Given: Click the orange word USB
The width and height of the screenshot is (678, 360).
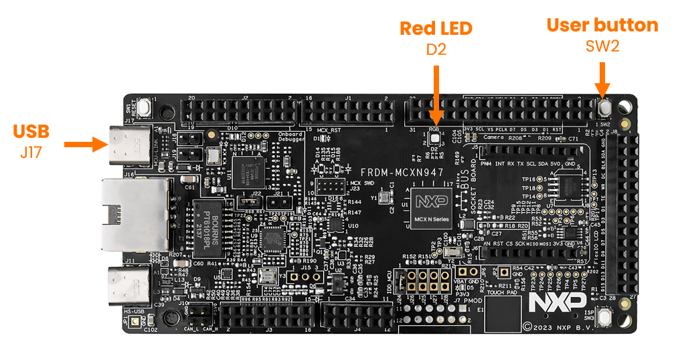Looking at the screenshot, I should click(31, 131).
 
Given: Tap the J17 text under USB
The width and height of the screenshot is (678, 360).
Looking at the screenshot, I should click(31, 152).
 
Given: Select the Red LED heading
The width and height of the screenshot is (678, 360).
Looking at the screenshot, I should click(436, 28).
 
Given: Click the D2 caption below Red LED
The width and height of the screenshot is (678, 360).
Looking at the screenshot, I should click(436, 49).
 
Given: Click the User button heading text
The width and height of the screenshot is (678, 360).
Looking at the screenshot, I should click(602, 25).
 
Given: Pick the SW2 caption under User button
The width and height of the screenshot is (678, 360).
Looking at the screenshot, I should click(602, 46).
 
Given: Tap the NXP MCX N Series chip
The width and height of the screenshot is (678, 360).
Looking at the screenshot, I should click(430, 207).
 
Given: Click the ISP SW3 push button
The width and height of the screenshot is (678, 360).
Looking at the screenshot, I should click(605, 317).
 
